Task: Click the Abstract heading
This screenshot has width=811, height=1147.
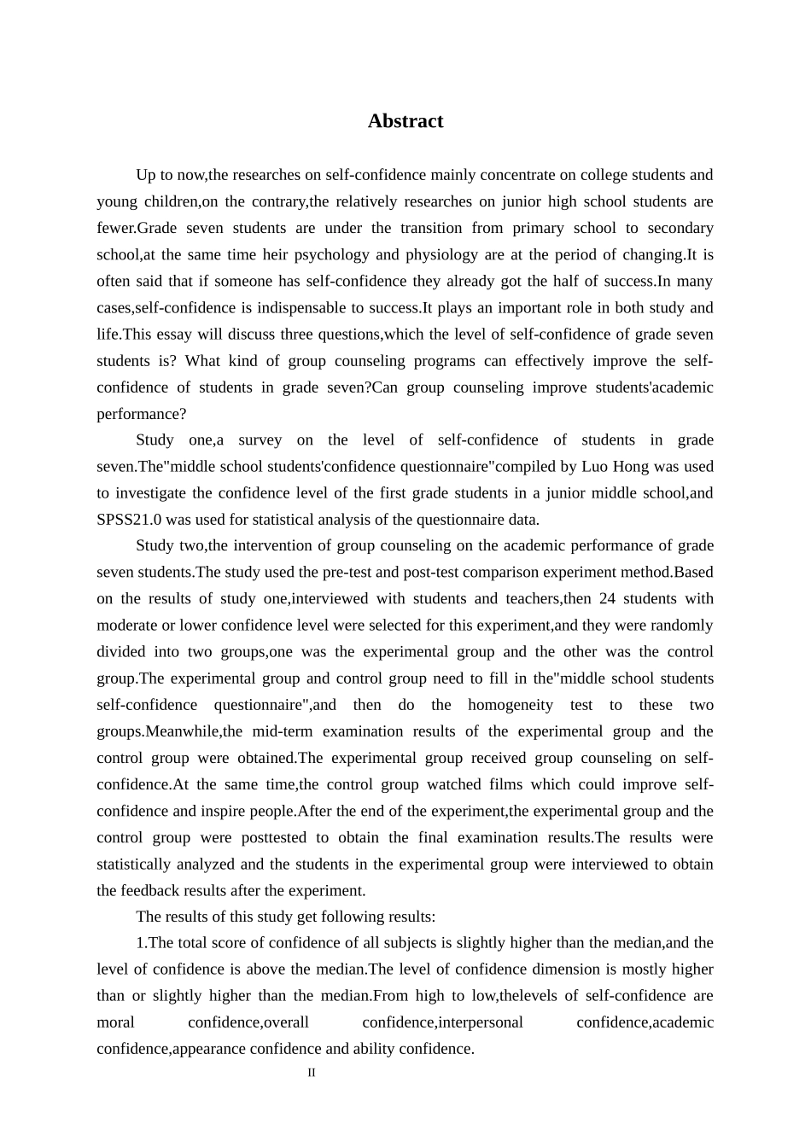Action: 405,121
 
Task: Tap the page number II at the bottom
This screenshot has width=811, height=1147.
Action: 312,1073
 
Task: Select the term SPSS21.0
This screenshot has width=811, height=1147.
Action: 129,520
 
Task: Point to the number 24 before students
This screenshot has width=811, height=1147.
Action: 607,599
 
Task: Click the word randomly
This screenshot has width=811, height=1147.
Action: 682,626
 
